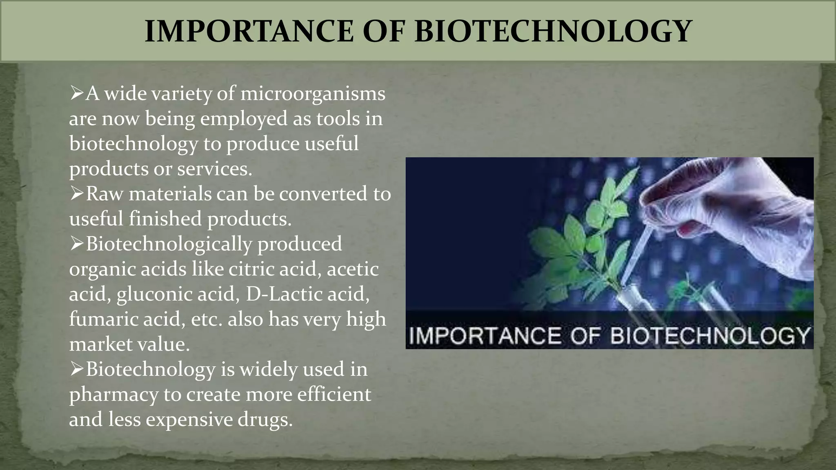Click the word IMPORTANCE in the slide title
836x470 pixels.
pos(249,31)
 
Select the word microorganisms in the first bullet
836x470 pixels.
pos(313,94)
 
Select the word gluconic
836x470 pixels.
pos(154,294)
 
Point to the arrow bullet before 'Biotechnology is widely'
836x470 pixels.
pos(77,369)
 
